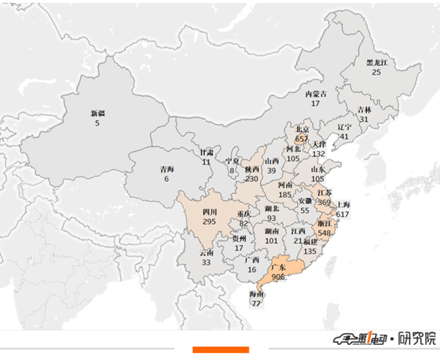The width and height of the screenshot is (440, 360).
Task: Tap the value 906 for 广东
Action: [279, 277]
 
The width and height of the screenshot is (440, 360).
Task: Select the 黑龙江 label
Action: [376, 62]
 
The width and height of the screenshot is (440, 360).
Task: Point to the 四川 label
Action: [210, 212]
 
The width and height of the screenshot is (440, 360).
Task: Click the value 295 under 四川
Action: [210, 222]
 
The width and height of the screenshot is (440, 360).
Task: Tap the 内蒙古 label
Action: [315, 94]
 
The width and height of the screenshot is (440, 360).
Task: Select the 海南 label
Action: [256, 294]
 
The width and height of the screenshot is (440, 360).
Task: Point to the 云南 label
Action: [206, 253]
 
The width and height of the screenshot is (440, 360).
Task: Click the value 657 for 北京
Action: [302, 138]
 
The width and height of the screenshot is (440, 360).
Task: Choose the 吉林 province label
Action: [364, 110]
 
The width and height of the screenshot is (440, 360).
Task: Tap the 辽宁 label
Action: [344, 126]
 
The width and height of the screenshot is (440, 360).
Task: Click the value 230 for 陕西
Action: [252, 179]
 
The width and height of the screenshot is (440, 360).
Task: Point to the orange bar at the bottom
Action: [221, 350]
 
